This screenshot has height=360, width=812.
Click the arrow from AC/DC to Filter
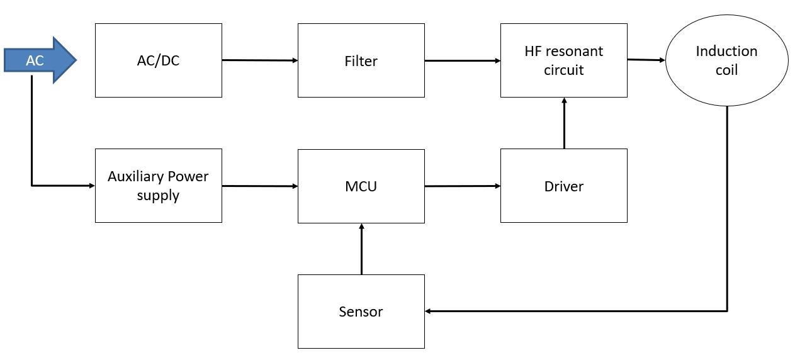point(259,60)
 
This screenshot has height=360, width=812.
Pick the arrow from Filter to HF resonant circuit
point(462,61)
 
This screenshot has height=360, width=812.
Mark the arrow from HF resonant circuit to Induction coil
point(646,60)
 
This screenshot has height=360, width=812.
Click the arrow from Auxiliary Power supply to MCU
point(259,186)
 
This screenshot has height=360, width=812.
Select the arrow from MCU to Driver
point(462,186)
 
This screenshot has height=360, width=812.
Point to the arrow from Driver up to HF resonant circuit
point(564,123)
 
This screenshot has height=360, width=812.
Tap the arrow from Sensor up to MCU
point(361,249)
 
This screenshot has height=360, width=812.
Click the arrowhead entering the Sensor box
point(429,311)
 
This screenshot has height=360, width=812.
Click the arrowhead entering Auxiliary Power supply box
point(91,186)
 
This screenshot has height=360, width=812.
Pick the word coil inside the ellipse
point(726,70)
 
